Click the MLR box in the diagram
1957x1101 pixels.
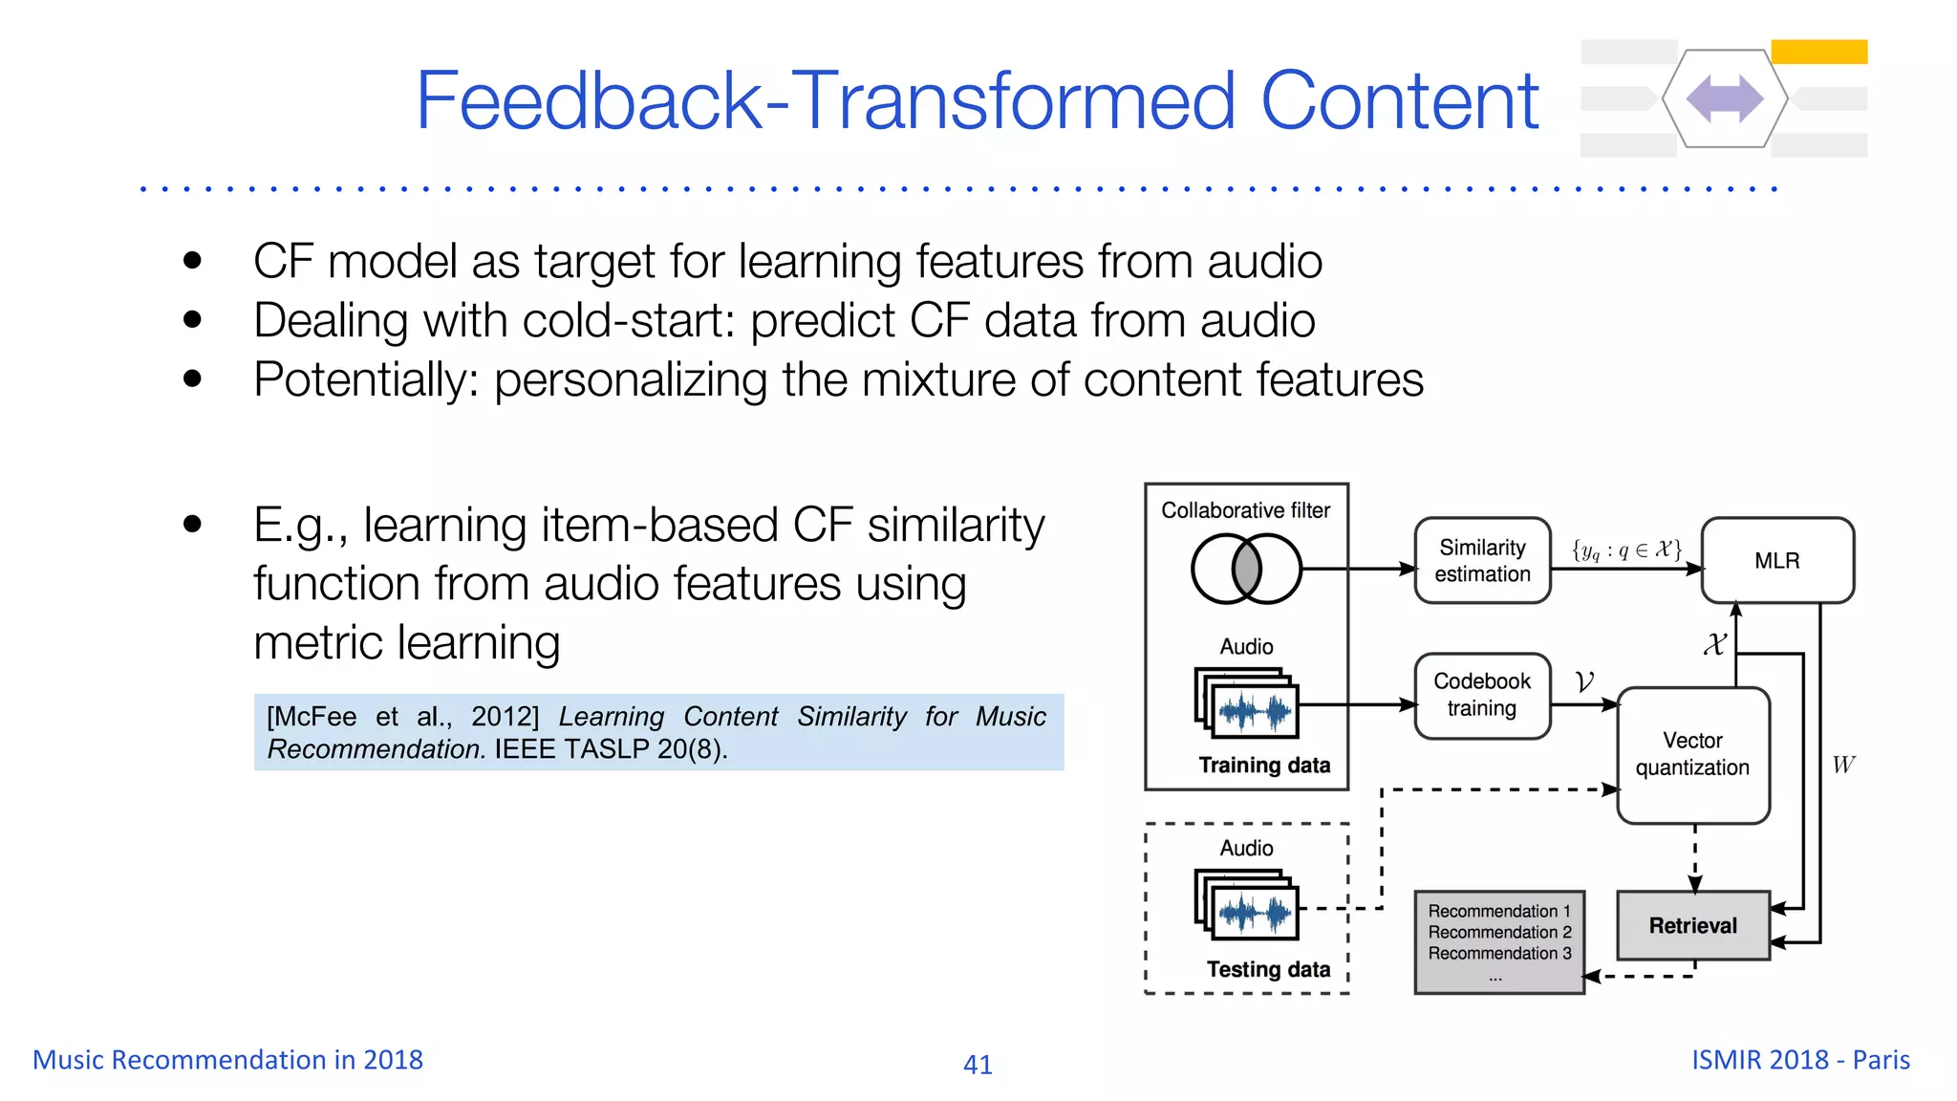point(1776,561)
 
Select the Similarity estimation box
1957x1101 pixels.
point(1482,561)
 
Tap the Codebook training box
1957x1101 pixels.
point(1482,695)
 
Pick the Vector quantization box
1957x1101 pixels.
point(1692,754)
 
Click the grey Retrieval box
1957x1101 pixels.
point(1692,925)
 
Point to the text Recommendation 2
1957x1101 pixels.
point(1499,932)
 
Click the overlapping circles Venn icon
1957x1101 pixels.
point(1246,569)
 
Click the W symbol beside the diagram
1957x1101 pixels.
point(1843,765)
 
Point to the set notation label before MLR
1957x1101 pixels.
point(1625,550)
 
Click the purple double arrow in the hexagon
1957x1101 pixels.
point(1725,98)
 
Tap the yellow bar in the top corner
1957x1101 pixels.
point(1818,52)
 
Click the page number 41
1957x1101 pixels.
point(978,1064)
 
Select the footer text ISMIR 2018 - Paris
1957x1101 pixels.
point(1800,1060)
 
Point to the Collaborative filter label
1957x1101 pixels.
point(1245,510)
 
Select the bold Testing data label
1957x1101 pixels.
point(1267,969)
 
